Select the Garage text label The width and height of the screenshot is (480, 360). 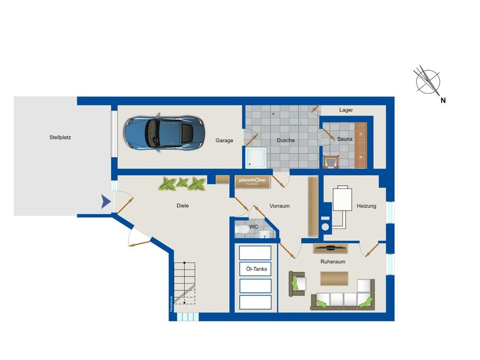pyautogui.click(x=224, y=140)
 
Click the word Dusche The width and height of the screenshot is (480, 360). pyautogui.click(x=286, y=140)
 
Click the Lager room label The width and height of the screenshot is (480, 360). pyautogui.click(x=346, y=110)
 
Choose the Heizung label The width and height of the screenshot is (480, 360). pyautogui.click(x=366, y=206)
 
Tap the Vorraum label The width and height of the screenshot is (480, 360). pyautogui.click(x=279, y=206)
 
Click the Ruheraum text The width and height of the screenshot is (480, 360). pyautogui.click(x=333, y=262)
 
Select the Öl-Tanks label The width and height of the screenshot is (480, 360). pyautogui.click(x=257, y=269)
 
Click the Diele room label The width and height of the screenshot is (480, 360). pyautogui.click(x=183, y=205)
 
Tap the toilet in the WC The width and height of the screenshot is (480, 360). pyautogui.click(x=242, y=230)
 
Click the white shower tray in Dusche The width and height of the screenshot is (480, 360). pyautogui.click(x=257, y=157)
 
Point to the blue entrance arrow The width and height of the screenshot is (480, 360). pyautogui.click(x=106, y=201)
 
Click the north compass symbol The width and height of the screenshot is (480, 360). pyautogui.click(x=428, y=82)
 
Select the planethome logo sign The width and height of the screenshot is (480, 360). pyautogui.click(x=253, y=181)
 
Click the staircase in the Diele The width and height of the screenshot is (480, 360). pyautogui.click(x=185, y=283)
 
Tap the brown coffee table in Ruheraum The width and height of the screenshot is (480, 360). pyautogui.click(x=334, y=278)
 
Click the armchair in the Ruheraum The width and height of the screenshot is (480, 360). pyautogui.click(x=297, y=284)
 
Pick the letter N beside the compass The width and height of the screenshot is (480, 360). pyautogui.click(x=443, y=100)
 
